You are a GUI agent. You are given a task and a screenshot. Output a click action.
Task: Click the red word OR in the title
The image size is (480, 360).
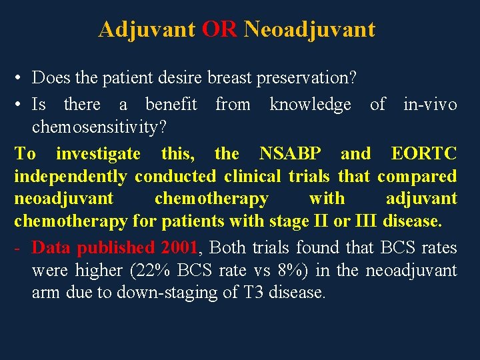[x=219, y=29]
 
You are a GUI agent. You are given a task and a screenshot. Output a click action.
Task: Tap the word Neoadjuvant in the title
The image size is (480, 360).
[x=309, y=29]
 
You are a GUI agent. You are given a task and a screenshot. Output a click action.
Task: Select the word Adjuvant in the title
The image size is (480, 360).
[x=147, y=29]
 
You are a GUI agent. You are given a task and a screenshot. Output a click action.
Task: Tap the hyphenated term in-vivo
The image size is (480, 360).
[x=430, y=104]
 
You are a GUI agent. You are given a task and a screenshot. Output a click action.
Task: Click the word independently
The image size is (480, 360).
[x=71, y=177]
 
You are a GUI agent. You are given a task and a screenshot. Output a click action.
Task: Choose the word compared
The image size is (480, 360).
[x=417, y=177]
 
